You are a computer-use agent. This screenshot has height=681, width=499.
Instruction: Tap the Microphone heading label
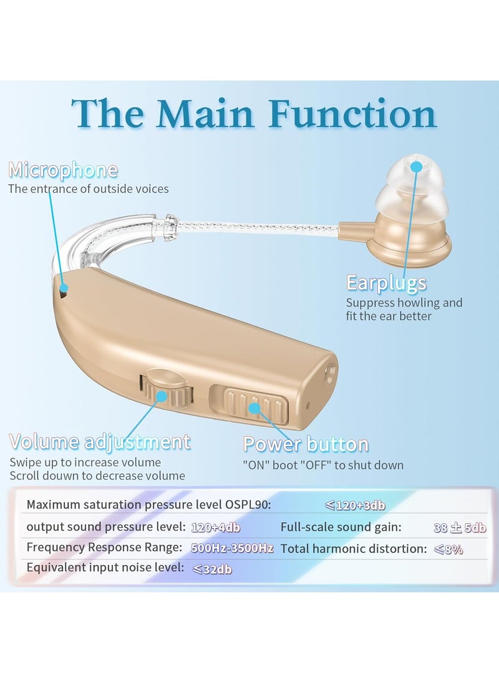[62, 170]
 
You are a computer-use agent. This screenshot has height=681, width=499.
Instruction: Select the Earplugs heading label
[386, 283]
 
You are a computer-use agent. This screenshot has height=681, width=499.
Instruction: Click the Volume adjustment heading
[100, 442]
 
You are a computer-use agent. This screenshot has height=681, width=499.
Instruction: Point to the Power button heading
[306, 444]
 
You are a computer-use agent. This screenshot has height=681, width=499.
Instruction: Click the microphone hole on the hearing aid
[64, 288]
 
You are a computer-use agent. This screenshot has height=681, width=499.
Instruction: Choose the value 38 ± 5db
[460, 527]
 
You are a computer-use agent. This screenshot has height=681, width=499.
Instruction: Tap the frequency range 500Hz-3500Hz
[231, 548]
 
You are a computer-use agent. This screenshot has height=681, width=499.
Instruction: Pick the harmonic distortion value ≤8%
[448, 549]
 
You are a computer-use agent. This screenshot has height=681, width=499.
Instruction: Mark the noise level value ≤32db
[211, 569]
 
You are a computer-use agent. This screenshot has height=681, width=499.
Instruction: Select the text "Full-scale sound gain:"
[341, 527]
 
